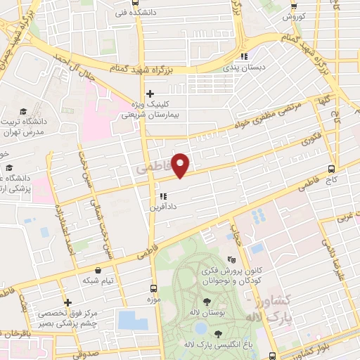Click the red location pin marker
[x=181, y=164]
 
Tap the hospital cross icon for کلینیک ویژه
[x=149, y=94]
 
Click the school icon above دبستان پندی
[x=244, y=57]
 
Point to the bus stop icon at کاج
[x=332, y=169]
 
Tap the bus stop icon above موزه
[x=153, y=288]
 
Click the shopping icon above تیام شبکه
[x=96, y=269]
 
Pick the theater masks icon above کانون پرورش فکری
[x=232, y=259]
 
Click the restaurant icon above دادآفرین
[x=162, y=196]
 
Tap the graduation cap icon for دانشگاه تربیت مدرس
[x=22, y=111]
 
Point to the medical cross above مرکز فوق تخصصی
[x=66, y=302]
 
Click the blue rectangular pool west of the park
[x=133, y=319]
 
